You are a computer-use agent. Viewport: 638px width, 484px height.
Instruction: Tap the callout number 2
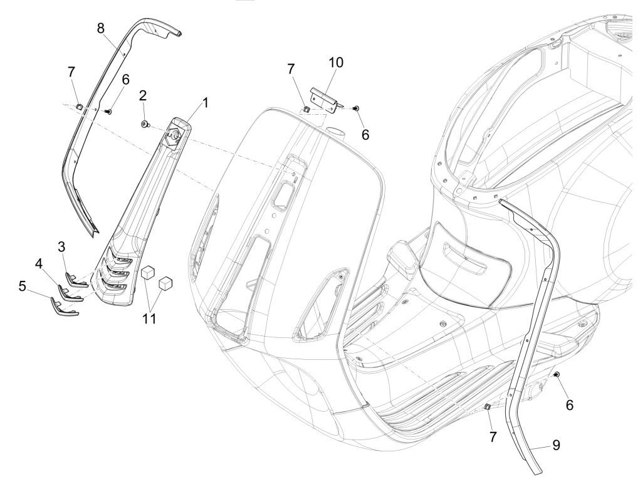pos(144,95)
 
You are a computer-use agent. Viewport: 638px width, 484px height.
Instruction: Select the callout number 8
pos(101,28)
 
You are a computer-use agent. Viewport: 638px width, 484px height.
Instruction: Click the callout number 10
pos(336,63)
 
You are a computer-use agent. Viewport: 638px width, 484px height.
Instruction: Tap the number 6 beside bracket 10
pos(365,133)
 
